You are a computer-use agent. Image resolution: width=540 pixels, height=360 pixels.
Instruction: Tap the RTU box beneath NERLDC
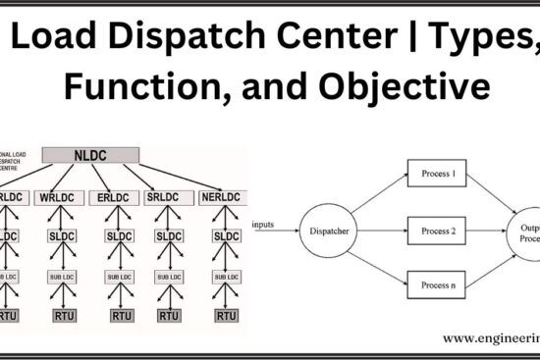(x=227, y=316)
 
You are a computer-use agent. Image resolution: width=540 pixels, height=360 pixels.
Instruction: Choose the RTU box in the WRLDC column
(x=63, y=316)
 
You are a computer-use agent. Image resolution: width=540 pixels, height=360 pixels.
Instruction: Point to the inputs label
(x=262, y=226)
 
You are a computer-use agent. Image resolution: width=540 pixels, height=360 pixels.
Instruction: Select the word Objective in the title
(x=412, y=87)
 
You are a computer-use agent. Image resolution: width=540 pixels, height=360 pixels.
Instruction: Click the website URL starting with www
(x=491, y=337)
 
